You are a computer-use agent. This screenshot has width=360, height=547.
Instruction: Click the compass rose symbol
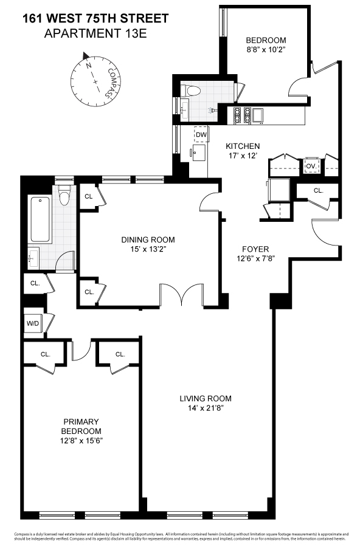click(x=94, y=77)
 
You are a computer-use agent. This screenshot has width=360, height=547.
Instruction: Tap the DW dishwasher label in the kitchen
click(x=201, y=135)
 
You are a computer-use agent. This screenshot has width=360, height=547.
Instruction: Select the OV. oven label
click(x=310, y=166)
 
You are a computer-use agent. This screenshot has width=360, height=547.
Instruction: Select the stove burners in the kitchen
click(x=241, y=114)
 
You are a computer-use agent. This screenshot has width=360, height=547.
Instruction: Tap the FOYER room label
click(x=255, y=249)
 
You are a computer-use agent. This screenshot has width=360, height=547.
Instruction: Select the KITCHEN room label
click(x=243, y=146)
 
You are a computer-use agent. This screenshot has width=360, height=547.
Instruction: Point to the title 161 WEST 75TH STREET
click(x=95, y=19)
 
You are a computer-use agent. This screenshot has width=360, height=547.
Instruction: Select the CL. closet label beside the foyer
click(x=318, y=190)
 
